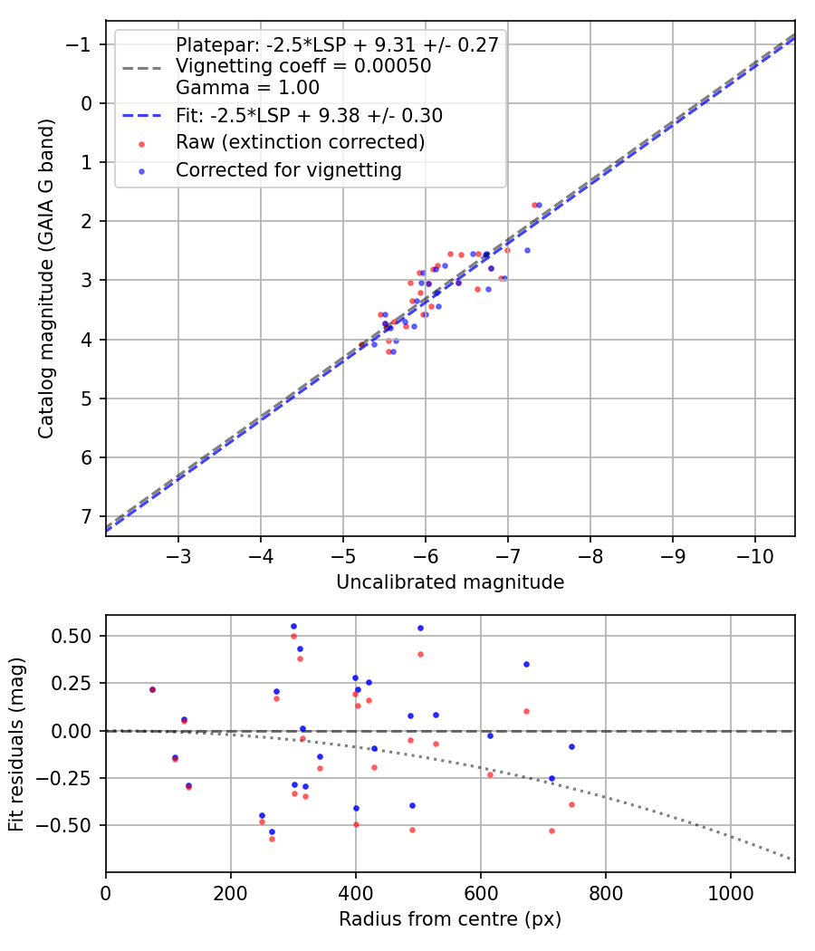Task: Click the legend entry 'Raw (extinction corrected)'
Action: [300, 142]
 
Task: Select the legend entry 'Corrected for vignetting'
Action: [288, 169]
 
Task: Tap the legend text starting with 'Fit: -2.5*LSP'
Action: [309, 116]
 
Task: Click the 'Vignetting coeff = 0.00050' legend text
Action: [303, 66]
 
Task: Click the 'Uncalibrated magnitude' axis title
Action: [450, 582]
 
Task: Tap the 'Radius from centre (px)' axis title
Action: [450, 919]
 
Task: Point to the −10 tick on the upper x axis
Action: [755, 554]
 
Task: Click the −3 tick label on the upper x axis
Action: [178, 554]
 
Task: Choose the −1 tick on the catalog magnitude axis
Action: [82, 44]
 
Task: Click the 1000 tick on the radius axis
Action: [731, 891]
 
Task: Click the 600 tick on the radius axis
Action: [481, 891]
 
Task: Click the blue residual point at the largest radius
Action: [571, 746]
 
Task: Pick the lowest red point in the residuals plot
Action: [272, 839]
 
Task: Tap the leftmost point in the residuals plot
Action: [152, 689]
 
